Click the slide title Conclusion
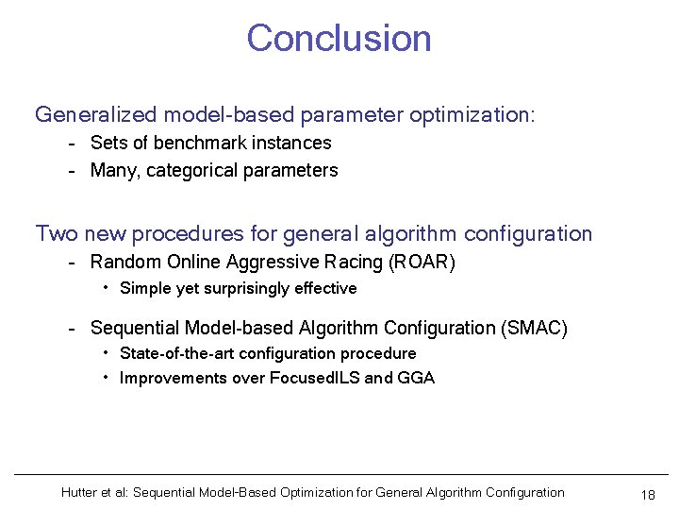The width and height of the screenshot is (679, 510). (339, 39)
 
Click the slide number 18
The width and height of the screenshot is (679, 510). (647, 495)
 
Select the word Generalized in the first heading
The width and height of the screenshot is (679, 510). (95, 115)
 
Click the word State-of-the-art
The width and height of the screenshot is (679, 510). (177, 353)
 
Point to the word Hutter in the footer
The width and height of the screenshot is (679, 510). (80, 492)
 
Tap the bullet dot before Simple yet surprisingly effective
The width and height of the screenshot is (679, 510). (107, 287)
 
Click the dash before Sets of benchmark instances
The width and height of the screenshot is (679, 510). (72, 144)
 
